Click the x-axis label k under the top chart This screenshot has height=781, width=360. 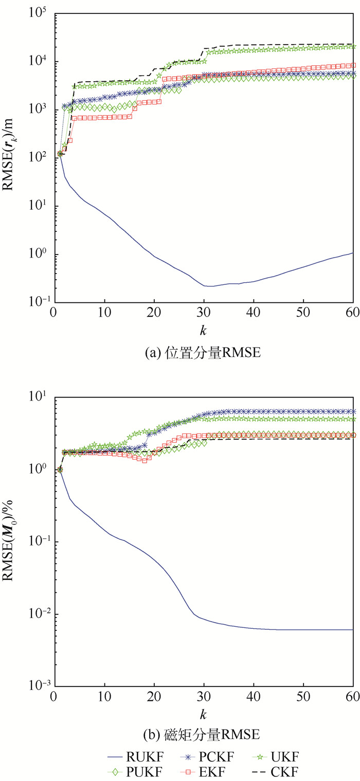pyautogui.click(x=204, y=328)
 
